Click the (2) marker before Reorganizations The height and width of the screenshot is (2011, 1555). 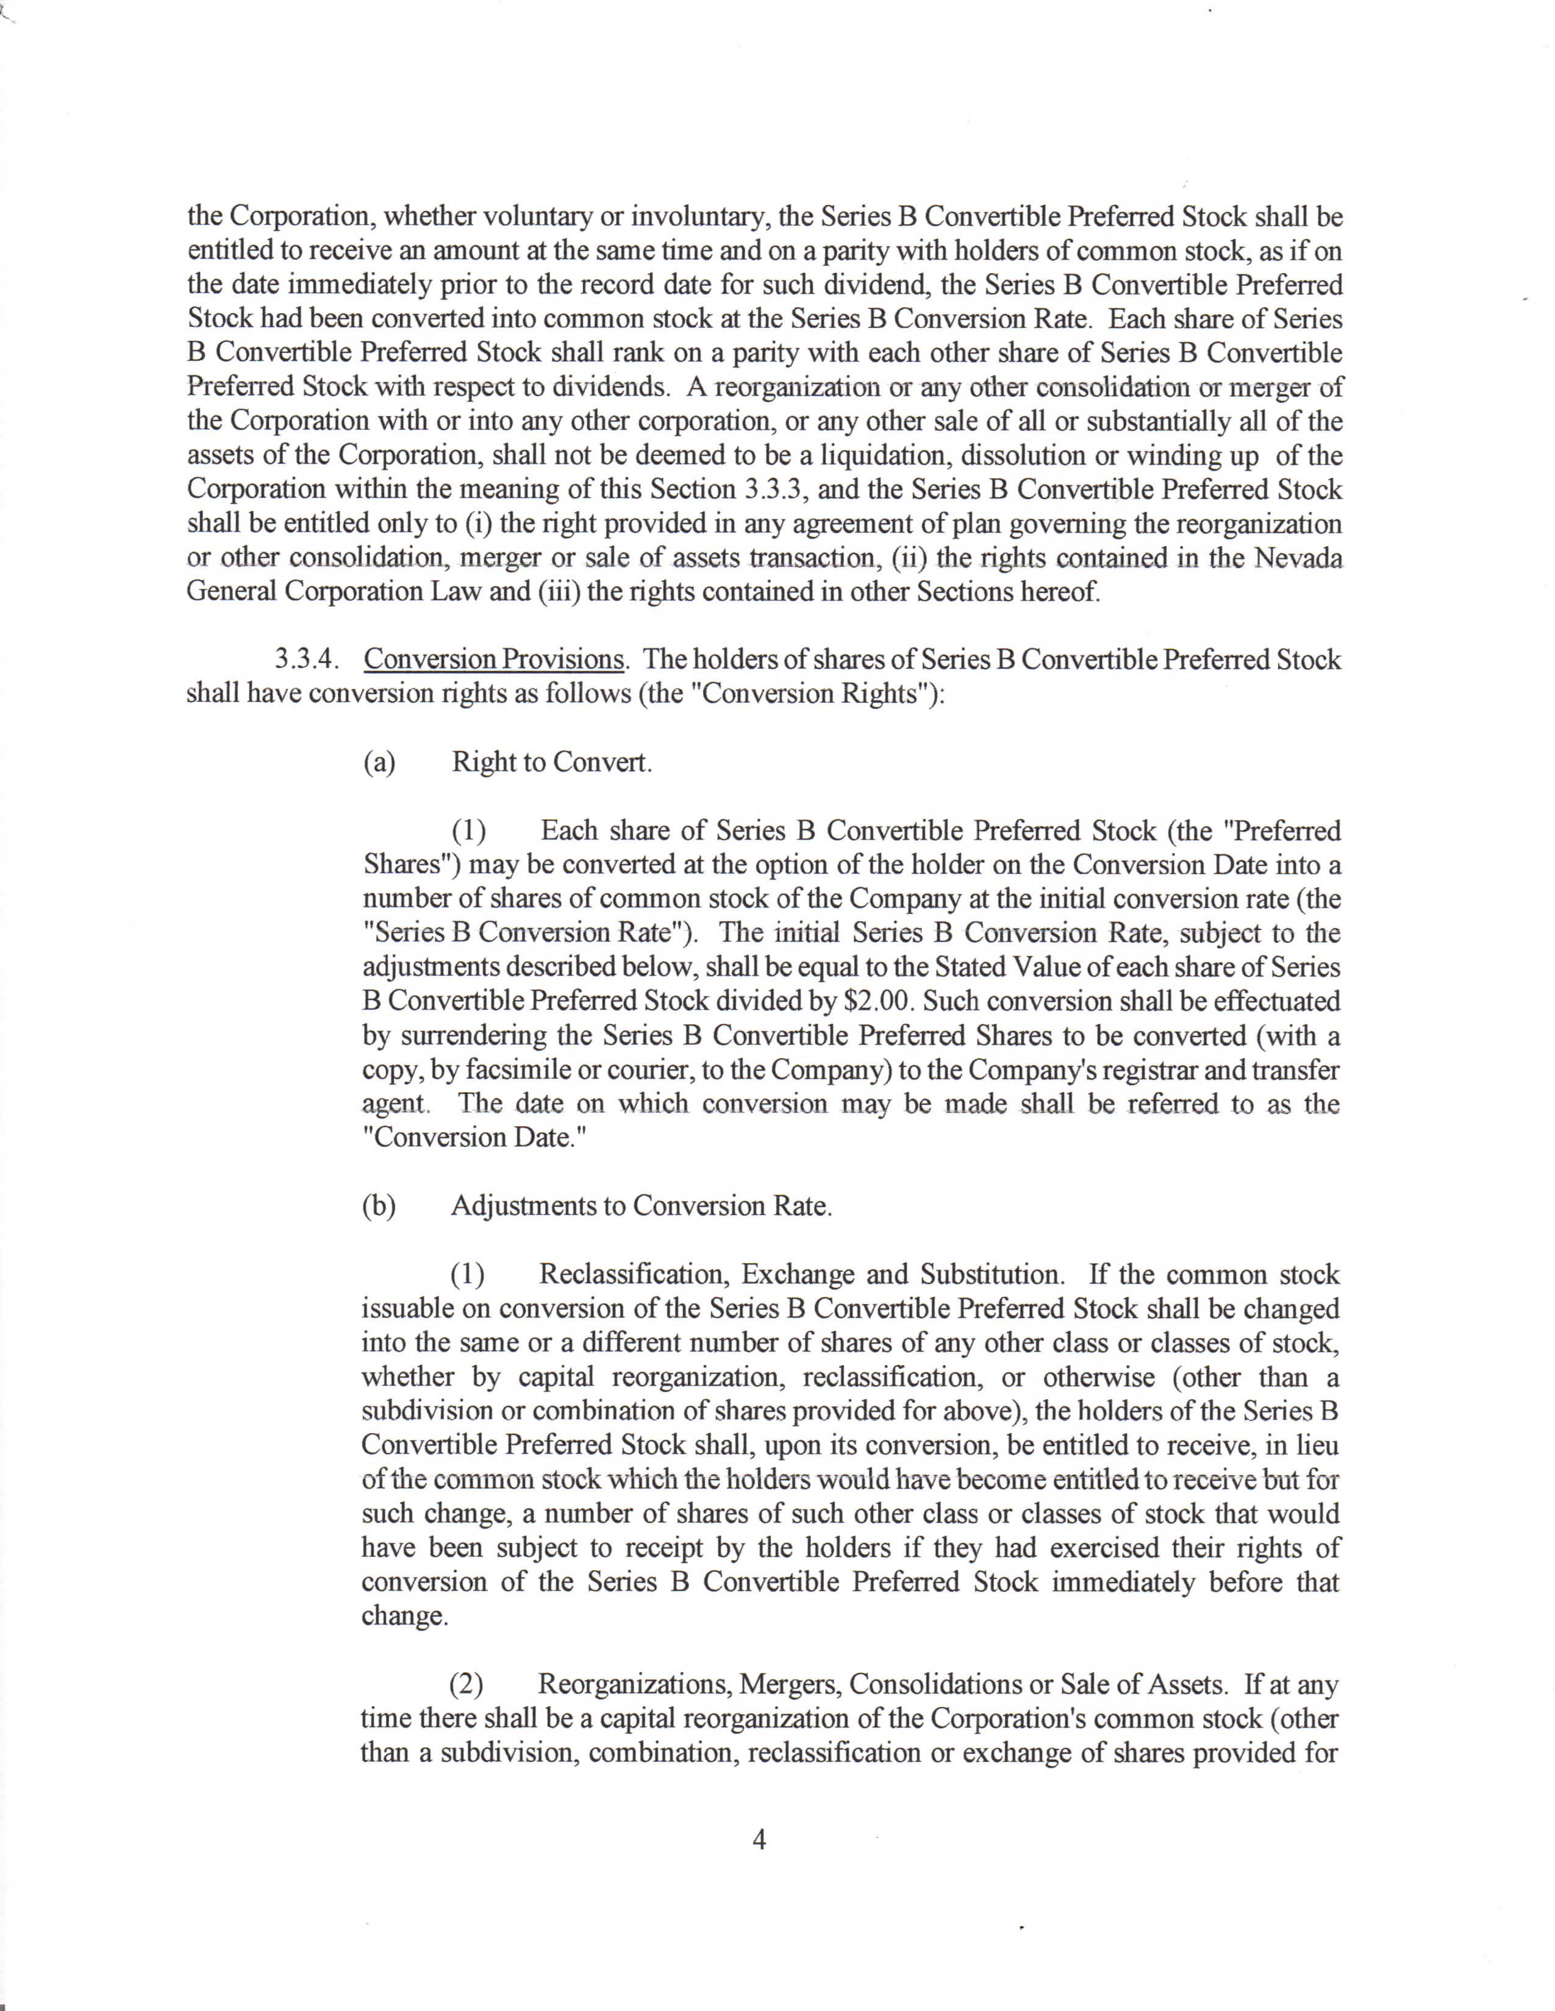(466, 1685)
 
